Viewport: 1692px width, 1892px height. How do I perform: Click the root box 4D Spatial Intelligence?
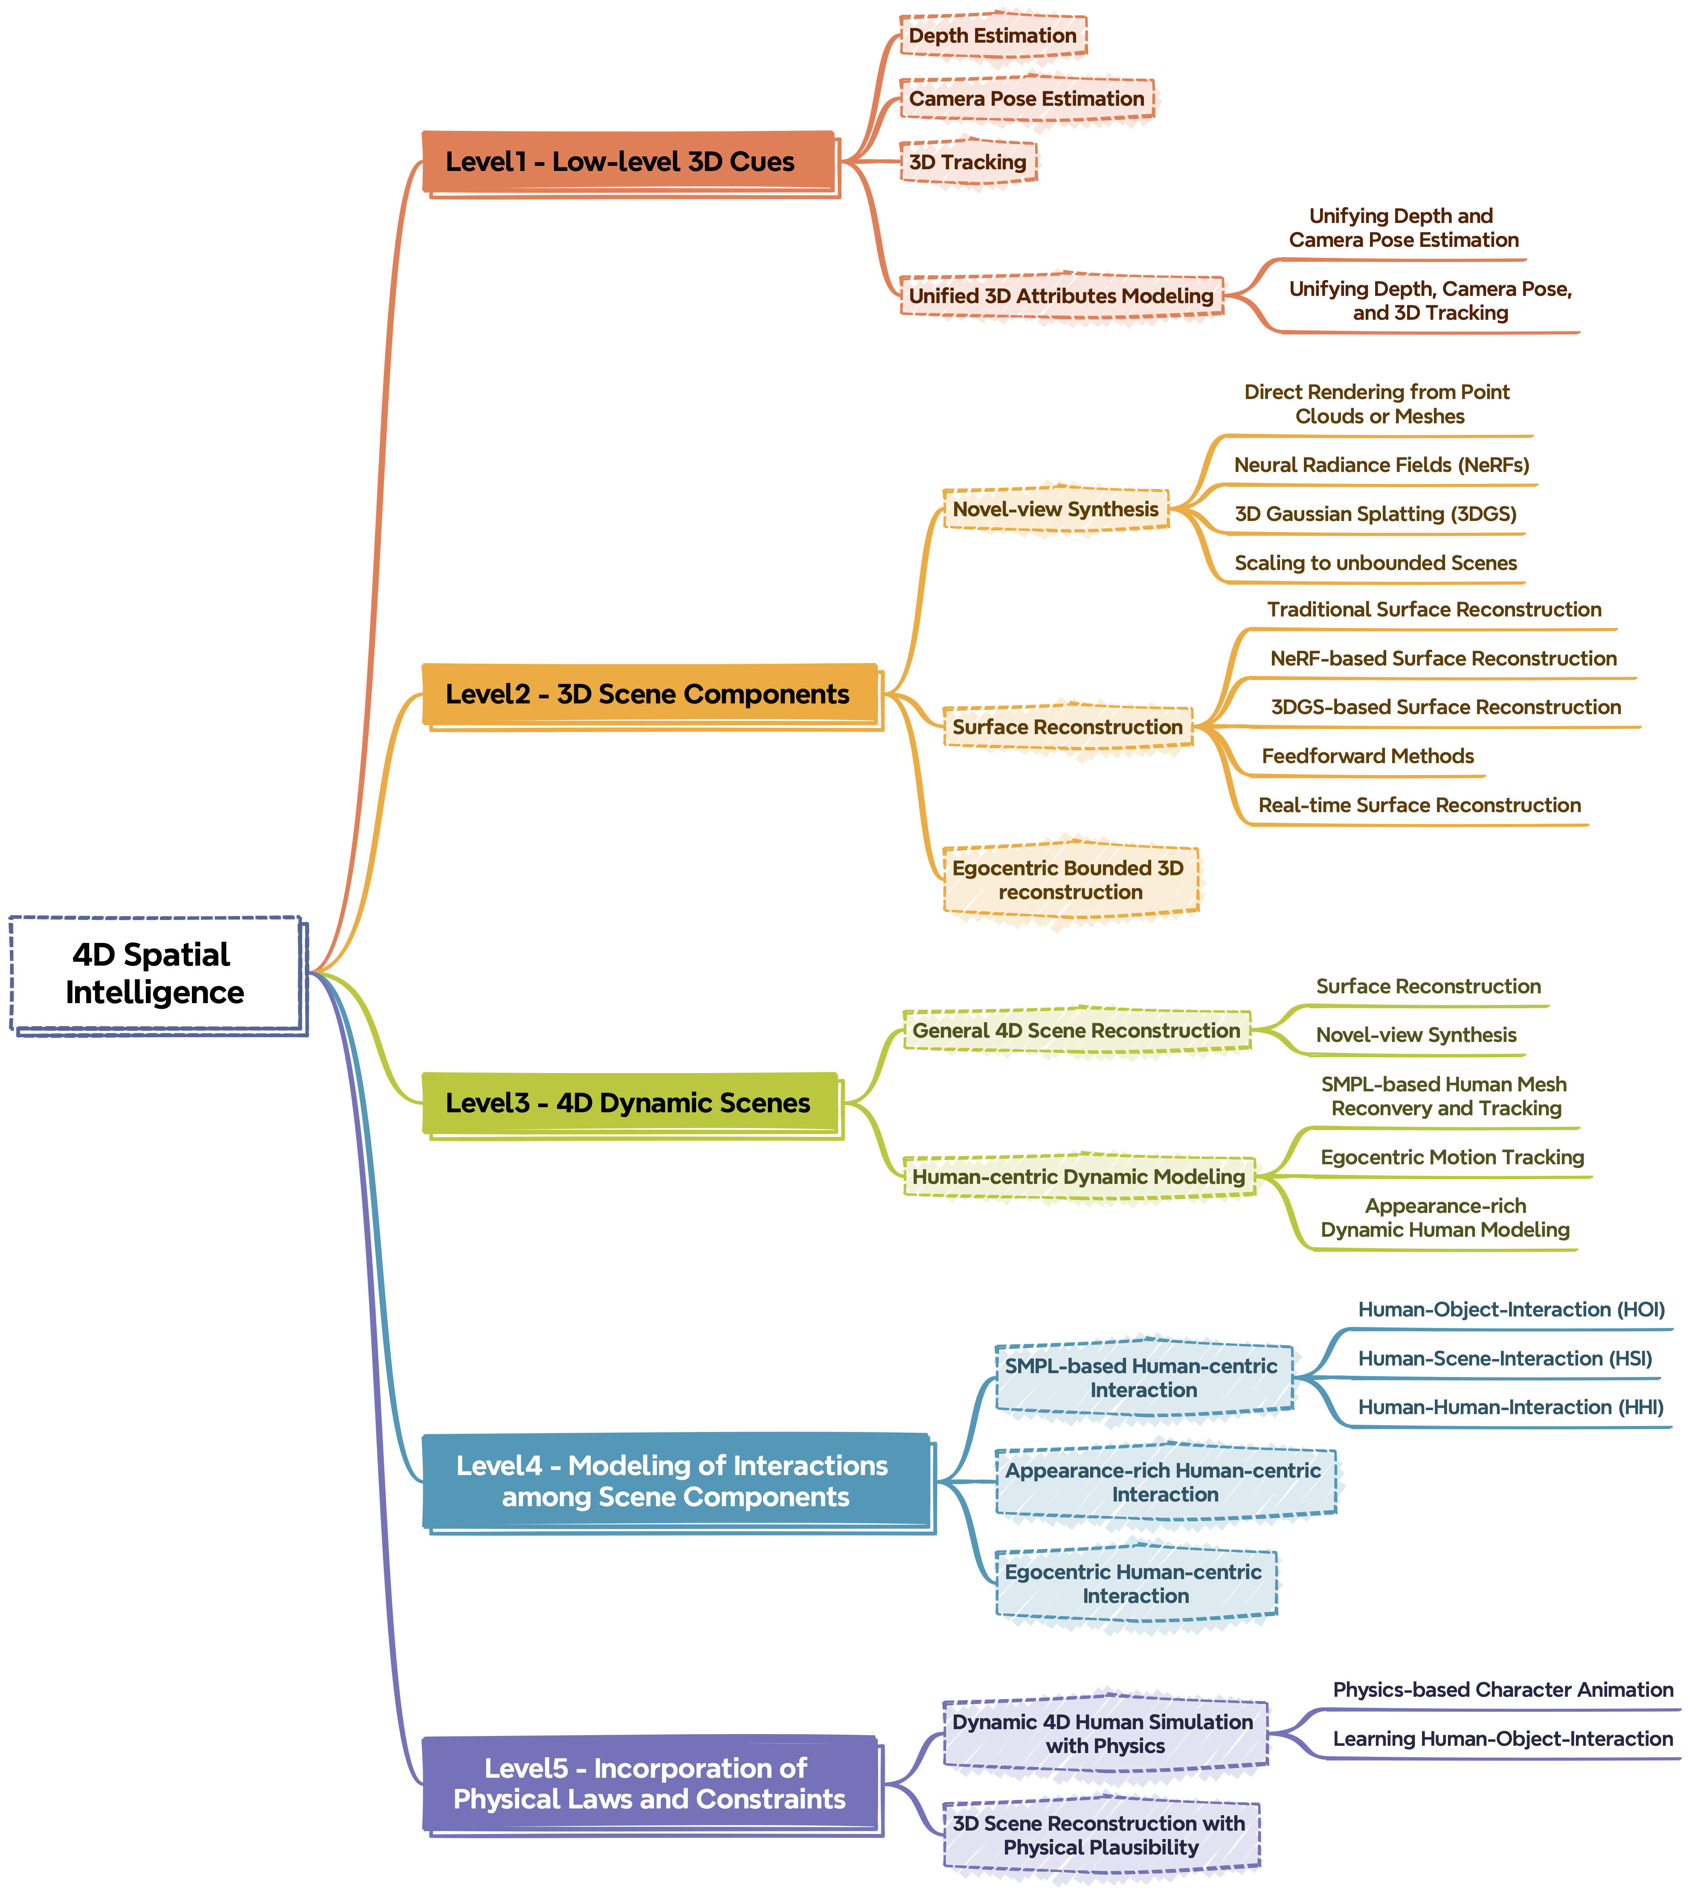pyautogui.click(x=155, y=974)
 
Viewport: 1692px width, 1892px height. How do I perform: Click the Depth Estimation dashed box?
pyautogui.click(x=992, y=36)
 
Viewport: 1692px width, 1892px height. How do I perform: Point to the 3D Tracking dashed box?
pyautogui.click(x=968, y=162)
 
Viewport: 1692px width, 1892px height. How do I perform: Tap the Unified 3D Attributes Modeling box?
pyautogui.click(x=1061, y=295)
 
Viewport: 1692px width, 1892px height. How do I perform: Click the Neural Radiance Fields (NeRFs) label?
pyautogui.click(x=1381, y=465)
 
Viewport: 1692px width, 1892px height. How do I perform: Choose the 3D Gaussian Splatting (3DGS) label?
pyautogui.click(x=1375, y=514)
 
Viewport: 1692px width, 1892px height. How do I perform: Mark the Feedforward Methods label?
pyautogui.click(x=1367, y=756)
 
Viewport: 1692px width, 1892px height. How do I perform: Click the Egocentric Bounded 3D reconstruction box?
pyautogui.click(x=1069, y=880)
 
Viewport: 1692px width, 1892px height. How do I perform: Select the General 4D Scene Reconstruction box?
pyautogui.click(x=1076, y=1030)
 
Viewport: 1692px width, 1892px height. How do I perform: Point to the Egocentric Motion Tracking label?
pyautogui.click(x=1452, y=1157)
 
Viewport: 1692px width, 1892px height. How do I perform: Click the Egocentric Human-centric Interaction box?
pyautogui.click(x=1135, y=1583)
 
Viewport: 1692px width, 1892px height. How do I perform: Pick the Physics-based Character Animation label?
pyautogui.click(x=1502, y=1689)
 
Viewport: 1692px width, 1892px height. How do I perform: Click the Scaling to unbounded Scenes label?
pyautogui.click(x=1375, y=563)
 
